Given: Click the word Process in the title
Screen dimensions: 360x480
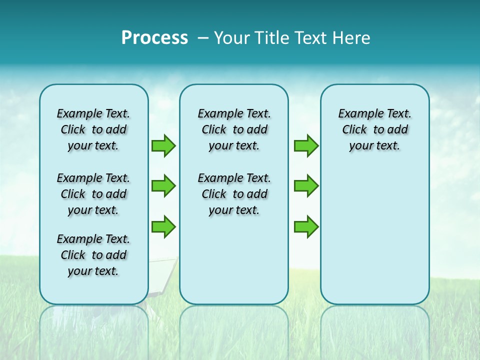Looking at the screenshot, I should point(154,38).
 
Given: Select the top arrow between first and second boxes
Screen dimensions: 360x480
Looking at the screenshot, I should point(163,145).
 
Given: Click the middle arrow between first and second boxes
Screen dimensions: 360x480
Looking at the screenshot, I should point(163,186).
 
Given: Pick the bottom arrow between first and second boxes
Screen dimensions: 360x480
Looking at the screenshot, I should point(163,226).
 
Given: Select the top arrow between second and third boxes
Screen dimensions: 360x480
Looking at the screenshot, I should point(306,145).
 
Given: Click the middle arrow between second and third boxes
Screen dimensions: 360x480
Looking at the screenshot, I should point(306,186).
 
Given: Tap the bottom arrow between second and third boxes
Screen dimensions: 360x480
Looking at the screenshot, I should point(306,226).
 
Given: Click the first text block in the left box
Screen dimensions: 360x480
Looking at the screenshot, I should point(93,129).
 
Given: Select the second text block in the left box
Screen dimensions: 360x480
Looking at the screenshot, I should point(93,194).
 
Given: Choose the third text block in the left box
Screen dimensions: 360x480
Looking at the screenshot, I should point(93,255).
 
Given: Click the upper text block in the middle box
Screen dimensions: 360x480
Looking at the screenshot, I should point(234,129).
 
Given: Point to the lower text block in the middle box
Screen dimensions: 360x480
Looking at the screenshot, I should point(234,194).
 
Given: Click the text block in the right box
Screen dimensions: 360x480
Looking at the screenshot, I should point(374,129).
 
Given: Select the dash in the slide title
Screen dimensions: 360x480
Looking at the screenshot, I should point(202,38).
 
